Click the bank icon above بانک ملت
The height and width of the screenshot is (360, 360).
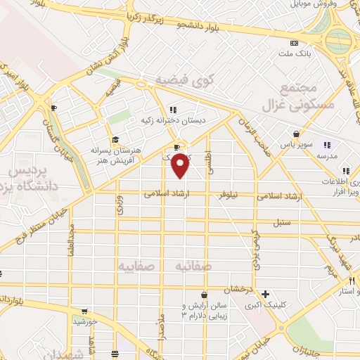point(293,44)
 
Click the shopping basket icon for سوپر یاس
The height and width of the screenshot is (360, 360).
point(297,134)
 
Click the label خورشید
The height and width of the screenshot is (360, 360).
point(84,321)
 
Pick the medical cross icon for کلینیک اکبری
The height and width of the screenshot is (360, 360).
point(264,294)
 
